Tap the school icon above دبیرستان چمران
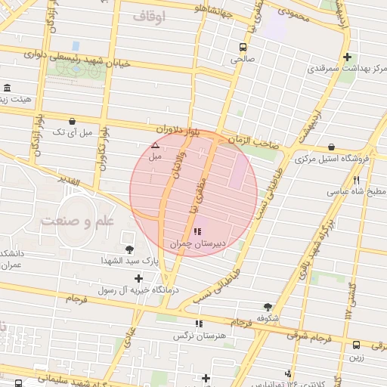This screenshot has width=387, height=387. tap(197, 231)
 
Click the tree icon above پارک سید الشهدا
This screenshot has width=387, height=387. tap(129, 249)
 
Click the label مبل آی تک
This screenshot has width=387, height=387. tap(71, 132)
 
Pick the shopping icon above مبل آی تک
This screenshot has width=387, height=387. tap(72, 121)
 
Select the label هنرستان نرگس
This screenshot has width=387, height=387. tap(200, 336)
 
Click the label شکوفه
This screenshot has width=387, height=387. tap(268, 318)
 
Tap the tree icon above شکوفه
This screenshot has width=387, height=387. tap(268, 307)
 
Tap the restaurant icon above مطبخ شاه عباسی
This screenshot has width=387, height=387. tap(356, 180)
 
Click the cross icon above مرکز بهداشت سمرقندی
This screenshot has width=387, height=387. tap(347, 57)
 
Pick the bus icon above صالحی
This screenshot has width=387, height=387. tap(242, 45)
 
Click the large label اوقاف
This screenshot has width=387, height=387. tap(147, 16)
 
